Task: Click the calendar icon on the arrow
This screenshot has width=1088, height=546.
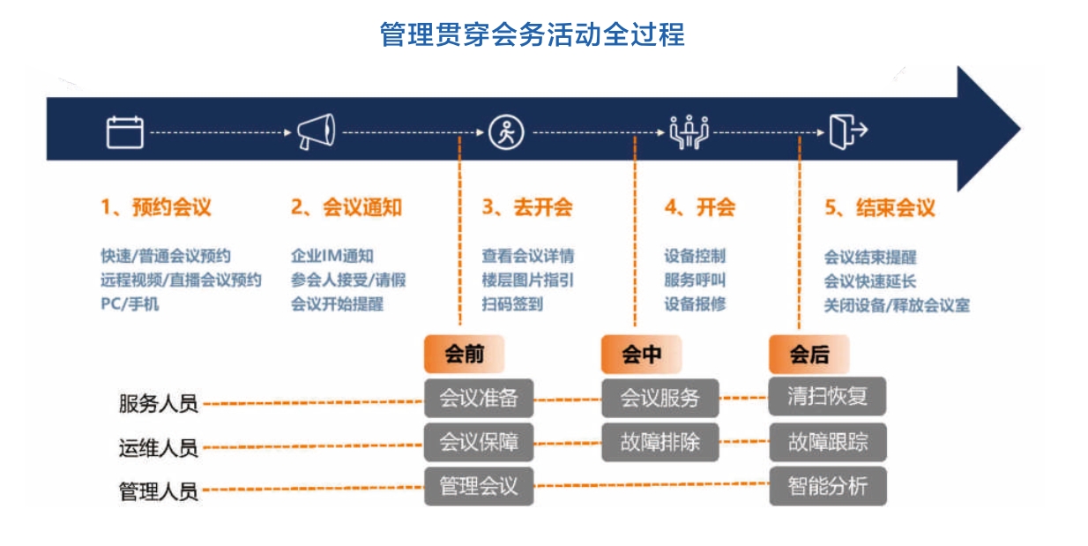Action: pos(125,131)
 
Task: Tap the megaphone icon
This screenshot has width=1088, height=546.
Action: pos(317,131)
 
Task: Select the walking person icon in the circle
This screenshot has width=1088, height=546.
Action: pos(506,132)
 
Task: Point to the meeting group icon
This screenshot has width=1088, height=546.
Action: pos(689,131)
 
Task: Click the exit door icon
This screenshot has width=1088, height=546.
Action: pos(848,131)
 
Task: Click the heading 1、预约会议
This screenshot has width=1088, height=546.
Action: pos(156,207)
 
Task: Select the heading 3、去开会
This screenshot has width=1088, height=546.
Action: pos(527,207)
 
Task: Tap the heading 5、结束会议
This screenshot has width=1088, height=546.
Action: pos(880,208)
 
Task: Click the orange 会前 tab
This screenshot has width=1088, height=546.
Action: pos(465,354)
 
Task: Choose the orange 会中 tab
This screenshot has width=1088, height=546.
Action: pos(642,354)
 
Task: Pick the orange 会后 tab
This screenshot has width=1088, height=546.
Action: pos(809,354)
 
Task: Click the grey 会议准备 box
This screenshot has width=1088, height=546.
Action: pos(479,398)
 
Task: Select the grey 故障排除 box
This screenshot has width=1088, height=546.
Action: pos(660,442)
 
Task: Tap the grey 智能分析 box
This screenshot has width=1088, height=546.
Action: pos(828,486)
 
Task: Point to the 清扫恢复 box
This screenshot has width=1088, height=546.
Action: pos(828,396)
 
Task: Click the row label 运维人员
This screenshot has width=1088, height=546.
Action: pos(159,448)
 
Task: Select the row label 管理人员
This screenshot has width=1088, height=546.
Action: pos(159,491)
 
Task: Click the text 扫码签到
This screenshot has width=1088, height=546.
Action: pos(512,304)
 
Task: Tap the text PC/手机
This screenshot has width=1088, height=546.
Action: pos(130,304)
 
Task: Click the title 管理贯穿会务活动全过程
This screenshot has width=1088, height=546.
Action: pos(532,34)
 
